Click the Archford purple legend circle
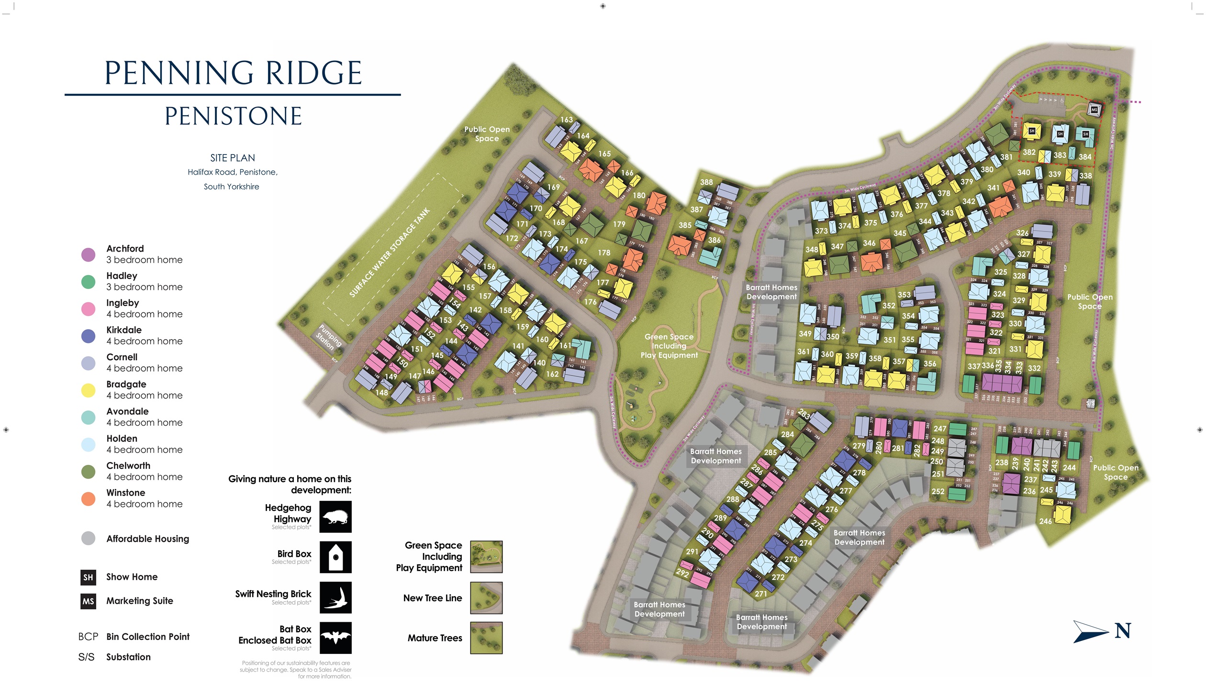(88, 254)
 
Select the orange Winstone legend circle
(88, 499)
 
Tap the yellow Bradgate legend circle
(88, 390)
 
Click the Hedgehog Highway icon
(335, 517)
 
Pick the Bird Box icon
(335, 557)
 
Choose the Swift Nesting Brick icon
(335, 597)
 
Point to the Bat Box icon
(335, 638)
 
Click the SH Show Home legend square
(88, 577)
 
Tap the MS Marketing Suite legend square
(88, 601)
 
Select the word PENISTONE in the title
(233, 116)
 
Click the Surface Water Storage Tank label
(390, 253)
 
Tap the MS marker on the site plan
(1094, 110)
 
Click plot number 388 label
(706, 182)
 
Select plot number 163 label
(567, 120)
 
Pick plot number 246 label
(1046, 521)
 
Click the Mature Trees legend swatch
(486, 638)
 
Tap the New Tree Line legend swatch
(486, 597)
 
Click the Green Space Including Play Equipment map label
(669, 346)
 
